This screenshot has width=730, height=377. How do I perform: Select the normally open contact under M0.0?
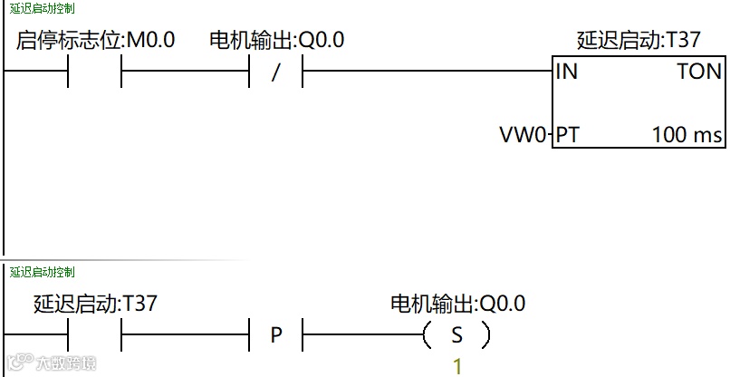coord(95,72)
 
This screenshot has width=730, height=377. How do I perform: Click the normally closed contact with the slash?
coord(276,72)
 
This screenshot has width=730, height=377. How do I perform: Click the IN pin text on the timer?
coord(567,72)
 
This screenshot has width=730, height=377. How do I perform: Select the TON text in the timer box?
coord(699,72)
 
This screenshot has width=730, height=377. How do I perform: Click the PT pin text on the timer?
coord(567,136)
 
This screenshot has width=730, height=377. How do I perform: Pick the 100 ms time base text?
coord(687,136)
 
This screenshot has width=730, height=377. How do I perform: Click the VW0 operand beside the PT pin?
coord(523,136)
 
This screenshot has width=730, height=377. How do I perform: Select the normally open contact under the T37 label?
coord(95,335)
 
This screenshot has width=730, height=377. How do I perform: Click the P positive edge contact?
coord(276,335)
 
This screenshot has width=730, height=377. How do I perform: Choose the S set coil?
coord(456,335)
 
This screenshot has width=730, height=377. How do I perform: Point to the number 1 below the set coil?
coord(457,367)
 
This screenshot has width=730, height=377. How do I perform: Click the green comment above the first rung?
coord(43,8)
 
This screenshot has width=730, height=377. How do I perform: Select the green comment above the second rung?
coord(43,272)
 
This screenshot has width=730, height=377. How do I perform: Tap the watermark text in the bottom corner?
coord(56,363)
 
